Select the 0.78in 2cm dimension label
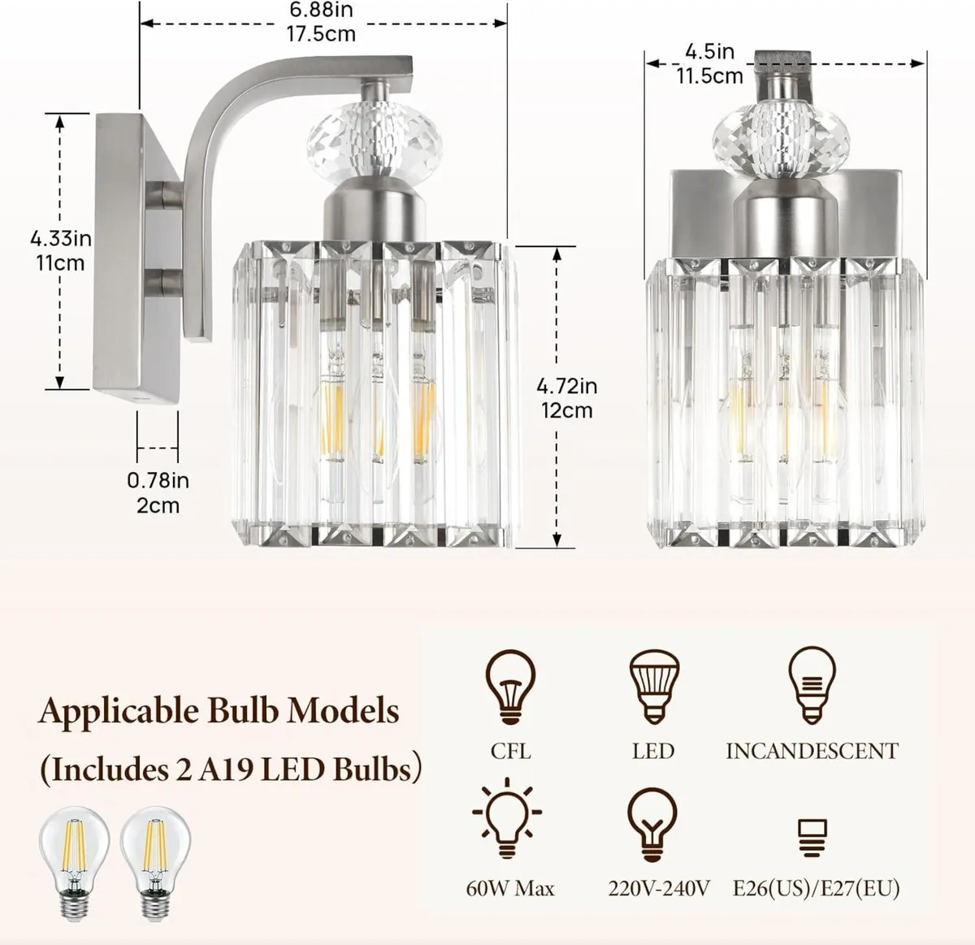[x=158, y=492]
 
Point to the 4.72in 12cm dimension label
[x=567, y=397]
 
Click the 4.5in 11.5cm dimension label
[x=709, y=64]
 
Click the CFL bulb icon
[x=510, y=687]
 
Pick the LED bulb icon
[x=652, y=687]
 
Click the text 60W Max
[x=510, y=888]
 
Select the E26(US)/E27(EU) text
[x=816, y=888]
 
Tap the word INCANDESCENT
[x=812, y=751]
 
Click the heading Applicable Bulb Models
[x=219, y=712]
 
